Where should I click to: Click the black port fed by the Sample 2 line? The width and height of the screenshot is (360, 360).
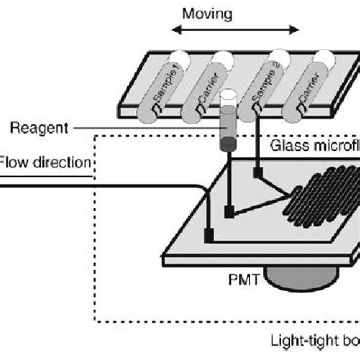(259, 175)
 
